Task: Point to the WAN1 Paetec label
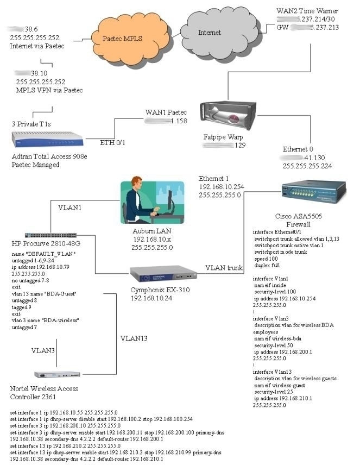tap(166, 112)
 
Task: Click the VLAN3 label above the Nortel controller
tap(43, 350)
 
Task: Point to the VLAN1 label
tap(70, 206)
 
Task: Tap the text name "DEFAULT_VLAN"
tap(43, 254)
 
